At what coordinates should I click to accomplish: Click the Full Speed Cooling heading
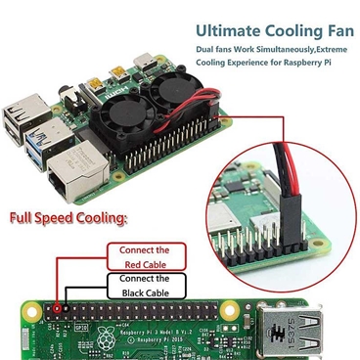(x=67, y=216)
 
